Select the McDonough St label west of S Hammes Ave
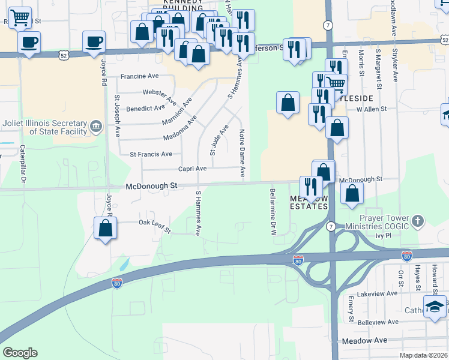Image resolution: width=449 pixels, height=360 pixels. tap(151, 187)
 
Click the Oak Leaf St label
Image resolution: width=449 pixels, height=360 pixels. tap(155, 226)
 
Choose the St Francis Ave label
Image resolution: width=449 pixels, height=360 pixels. tap(151, 154)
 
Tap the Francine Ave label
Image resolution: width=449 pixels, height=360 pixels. tap(139, 77)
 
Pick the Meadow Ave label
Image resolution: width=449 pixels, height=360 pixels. tap(364, 340)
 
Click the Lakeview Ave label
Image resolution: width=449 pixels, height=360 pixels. tap(377, 294)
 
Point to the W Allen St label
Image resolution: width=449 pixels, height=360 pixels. tap(372, 110)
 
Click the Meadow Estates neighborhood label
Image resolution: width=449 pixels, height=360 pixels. tap(309, 202)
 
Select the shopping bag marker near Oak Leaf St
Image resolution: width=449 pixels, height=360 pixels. tap(105, 228)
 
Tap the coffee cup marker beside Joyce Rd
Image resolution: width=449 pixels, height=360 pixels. tap(94, 42)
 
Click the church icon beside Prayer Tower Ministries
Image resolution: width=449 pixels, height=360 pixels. tap(418, 221)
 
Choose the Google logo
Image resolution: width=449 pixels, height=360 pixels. tap(20, 353)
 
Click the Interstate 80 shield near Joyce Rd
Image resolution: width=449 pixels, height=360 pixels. tap(117, 283)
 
